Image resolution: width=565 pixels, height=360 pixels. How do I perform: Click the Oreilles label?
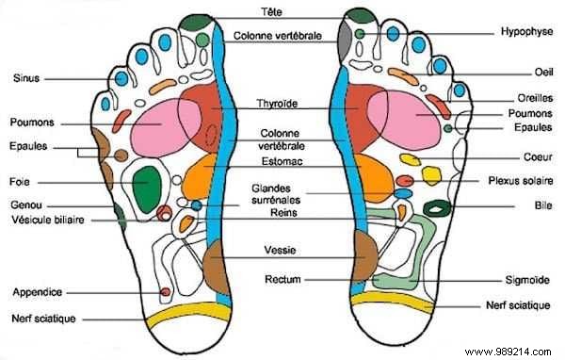tap(526, 98)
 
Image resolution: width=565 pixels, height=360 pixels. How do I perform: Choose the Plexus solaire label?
tap(521, 179)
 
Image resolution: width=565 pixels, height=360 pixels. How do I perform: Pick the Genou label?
tap(24, 205)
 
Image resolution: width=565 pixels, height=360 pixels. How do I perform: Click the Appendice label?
tap(35, 291)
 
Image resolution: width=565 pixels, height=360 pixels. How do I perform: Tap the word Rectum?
tap(282, 280)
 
